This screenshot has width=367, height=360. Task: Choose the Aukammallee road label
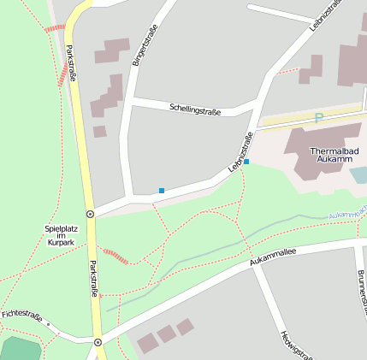pyautogui.click(x=273, y=257)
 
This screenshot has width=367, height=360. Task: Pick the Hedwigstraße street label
pyautogui.click(x=296, y=344)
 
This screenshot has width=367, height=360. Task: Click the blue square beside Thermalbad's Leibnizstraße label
pyautogui.click(x=246, y=161)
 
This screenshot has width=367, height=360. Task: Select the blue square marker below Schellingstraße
pyautogui.click(x=162, y=190)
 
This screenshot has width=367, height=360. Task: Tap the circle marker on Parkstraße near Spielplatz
pyautogui.click(x=90, y=214)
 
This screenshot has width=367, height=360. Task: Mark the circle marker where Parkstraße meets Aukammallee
pyautogui.click(x=98, y=342)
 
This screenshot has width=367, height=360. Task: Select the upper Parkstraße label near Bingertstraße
pyautogui.click(x=72, y=62)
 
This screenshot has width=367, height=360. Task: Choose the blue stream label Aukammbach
pyautogui.click(x=346, y=211)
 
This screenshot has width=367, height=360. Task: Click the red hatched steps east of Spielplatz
pyautogui.click(x=115, y=255)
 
